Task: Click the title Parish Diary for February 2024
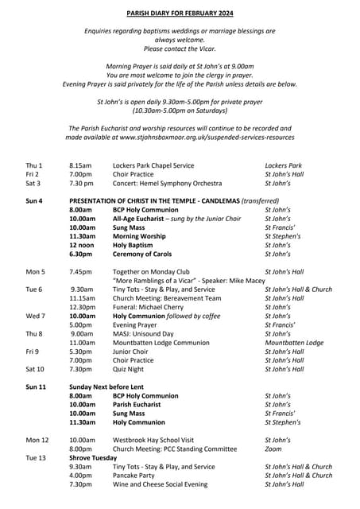tap(180, 14)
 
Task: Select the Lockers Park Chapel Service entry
tap(153, 165)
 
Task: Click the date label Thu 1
tap(34, 165)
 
